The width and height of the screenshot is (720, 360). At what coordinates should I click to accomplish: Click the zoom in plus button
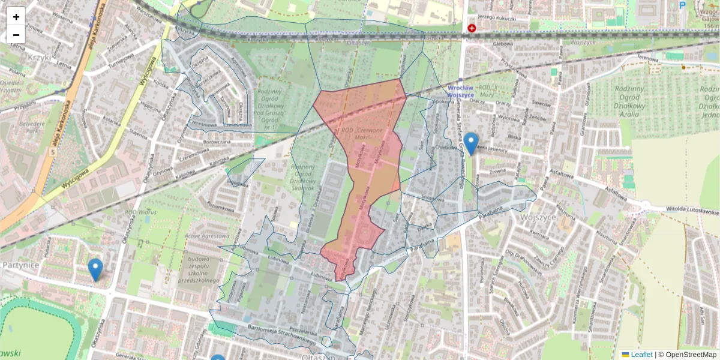click(16, 16)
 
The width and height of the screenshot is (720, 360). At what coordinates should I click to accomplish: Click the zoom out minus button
click(16, 34)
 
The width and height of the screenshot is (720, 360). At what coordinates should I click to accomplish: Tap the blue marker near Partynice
click(95, 269)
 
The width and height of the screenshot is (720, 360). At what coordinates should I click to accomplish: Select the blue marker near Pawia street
click(471, 143)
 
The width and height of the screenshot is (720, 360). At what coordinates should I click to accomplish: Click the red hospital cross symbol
click(472, 28)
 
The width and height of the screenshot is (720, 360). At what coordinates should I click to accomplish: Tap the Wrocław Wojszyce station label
click(460, 91)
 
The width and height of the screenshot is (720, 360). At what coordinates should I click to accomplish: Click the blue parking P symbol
click(682, 5)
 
